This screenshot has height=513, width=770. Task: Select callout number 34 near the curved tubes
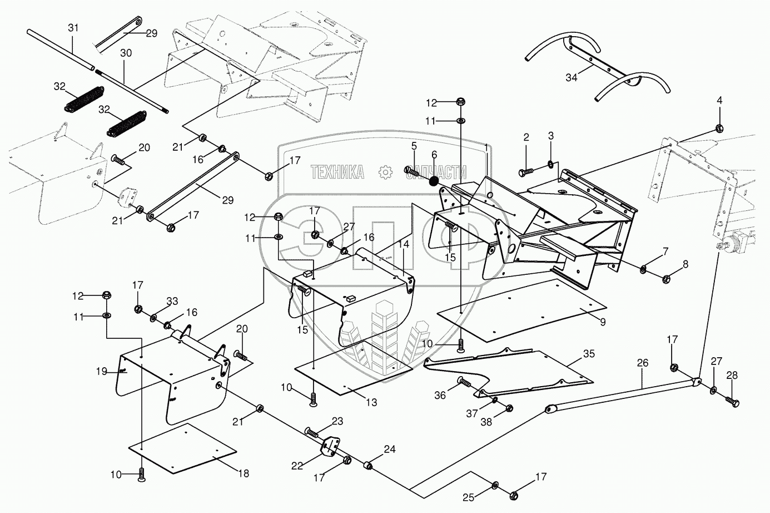tap(571, 77)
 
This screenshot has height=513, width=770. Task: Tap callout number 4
tap(719, 101)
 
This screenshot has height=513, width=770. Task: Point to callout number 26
tap(643, 363)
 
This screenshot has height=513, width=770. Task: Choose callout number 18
tap(244, 473)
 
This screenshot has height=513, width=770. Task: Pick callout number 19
tap(101, 371)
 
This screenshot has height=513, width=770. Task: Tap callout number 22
tap(297, 466)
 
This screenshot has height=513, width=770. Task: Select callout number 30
tap(126, 53)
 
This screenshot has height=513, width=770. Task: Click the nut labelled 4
tap(719, 128)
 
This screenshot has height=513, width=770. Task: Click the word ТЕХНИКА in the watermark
tap(337, 172)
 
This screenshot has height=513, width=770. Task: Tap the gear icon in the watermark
tap(385, 172)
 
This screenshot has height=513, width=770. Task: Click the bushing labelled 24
tap(369, 465)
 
